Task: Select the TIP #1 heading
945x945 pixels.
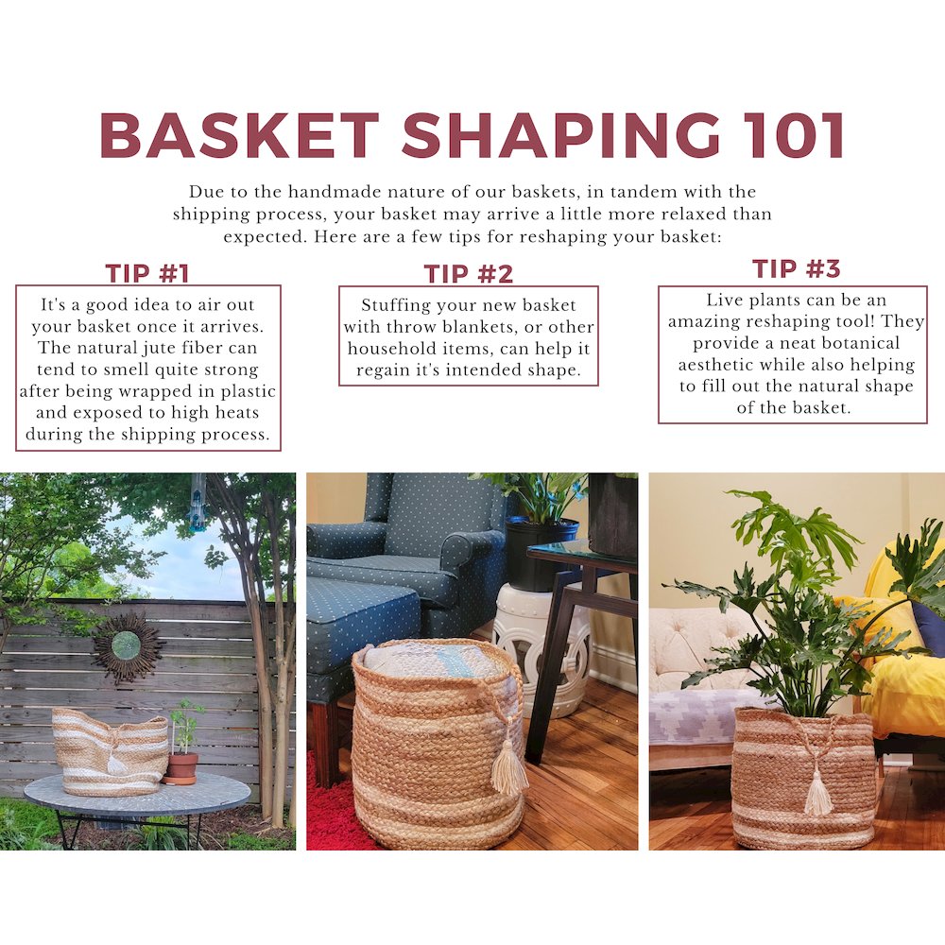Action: tap(147, 274)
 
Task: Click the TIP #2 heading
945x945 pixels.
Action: tap(469, 274)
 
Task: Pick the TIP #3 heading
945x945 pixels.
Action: tap(796, 268)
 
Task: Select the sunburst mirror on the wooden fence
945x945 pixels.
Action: tap(127, 645)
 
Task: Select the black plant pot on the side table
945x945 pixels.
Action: tap(541, 553)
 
